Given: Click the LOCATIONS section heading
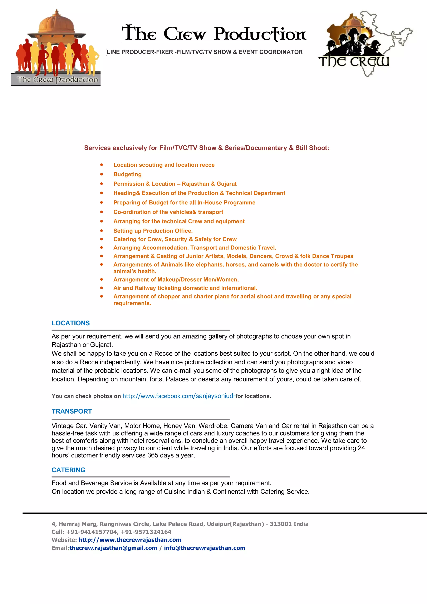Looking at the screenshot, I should [70, 323].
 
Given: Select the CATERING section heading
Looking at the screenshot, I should [68, 470].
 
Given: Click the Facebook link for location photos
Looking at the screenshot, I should [179, 396].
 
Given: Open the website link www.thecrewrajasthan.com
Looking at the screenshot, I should [130, 540].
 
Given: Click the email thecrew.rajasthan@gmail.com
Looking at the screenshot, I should [113, 548].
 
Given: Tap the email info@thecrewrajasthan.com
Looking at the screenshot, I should [205, 548].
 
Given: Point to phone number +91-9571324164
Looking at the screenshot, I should [146, 532].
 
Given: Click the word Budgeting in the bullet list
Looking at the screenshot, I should [128, 174].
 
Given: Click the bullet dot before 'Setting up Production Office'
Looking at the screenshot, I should [102, 231].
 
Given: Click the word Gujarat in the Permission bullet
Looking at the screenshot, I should [226, 184].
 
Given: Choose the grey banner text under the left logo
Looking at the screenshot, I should [57, 79].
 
